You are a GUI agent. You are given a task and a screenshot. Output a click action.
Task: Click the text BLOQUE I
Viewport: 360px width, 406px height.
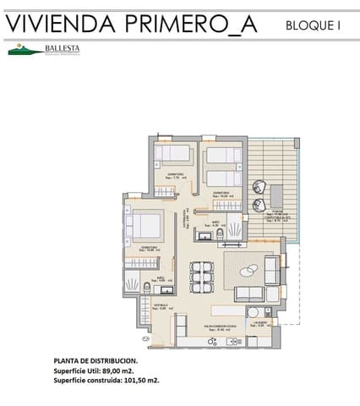[314, 26]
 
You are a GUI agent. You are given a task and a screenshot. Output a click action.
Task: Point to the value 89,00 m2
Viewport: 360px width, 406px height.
[119, 370]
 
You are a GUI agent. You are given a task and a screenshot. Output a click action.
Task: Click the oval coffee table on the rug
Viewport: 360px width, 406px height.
[249, 271]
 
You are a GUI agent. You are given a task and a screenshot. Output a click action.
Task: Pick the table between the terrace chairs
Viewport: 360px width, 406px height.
[271, 196]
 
